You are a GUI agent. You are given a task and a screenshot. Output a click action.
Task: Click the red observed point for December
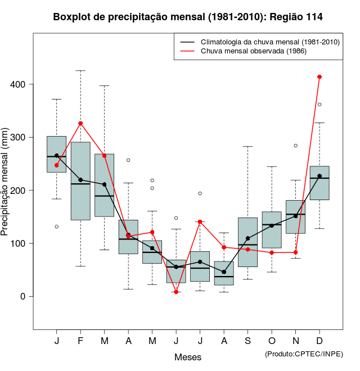(x=319, y=76)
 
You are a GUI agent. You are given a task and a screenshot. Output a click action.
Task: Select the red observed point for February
(x=80, y=123)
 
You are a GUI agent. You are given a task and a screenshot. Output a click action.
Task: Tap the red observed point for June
(x=176, y=292)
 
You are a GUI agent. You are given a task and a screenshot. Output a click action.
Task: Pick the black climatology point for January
(x=57, y=156)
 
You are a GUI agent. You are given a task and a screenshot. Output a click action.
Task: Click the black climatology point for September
(x=247, y=238)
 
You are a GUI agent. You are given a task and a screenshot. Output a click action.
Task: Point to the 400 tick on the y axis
(x=31, y=84)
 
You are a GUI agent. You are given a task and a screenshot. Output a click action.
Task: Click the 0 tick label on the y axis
(x=23, y=296)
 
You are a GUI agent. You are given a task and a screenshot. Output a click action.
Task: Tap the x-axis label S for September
(x=247, y=342)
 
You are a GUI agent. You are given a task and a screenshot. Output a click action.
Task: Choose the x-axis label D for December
(x=319, y=342)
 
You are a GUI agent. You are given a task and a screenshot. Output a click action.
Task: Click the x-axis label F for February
(x=80, y=342)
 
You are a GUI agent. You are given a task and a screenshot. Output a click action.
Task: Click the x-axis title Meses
(x=188, y=357)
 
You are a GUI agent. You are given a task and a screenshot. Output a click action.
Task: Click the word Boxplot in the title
(x=71, y=17)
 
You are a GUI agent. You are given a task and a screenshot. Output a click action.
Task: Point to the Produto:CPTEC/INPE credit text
(x=304, y=354)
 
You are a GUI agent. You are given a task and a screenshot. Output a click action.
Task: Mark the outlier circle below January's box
(x=57, y=227)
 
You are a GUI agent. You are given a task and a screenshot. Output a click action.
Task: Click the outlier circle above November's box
(x=296, y=146)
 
